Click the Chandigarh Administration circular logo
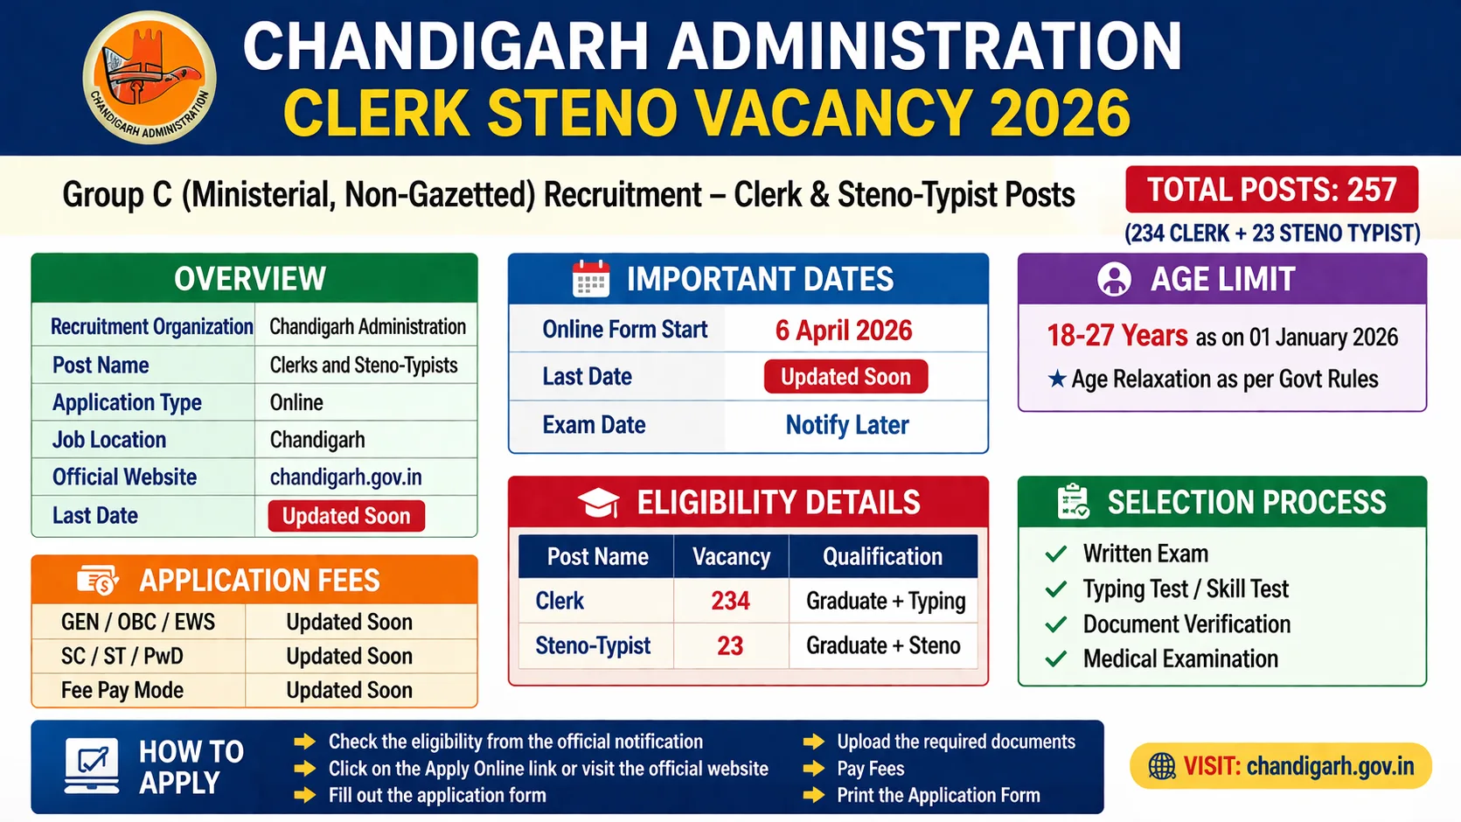pyautogui.click(x=150, y=78)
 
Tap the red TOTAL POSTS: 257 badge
pyautogui.click(x=1271, y=190)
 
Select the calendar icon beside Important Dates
pyautogui.click(x=591, y=279)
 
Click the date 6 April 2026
pyautogui.click(x=843, y=330)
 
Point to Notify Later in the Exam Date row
pyautogui.click(x=846, y=425)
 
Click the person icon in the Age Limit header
pyautogui.click(x=1114, y=279)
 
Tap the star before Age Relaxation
pyautogui.click(x=1057, y=379)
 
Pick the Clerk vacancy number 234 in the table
pyautogui.click(x=730, y=601)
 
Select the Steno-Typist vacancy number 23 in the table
pyautogui.click(x=730, y=645)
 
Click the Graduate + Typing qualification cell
pyautogui.click(x=885, y=601)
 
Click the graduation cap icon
pyautogui.click(x=599, y=503)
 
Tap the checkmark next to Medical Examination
pyautogui.click(x=1056, y=658)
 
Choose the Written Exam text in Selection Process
pyautogui.click(x=1145, y=554)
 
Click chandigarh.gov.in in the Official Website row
pyautogui.click(x=345, y=477)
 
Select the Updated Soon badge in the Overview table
pyautogui.click(x=346, y=516)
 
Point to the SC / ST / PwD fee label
pyautogui.click(x=122, y=656)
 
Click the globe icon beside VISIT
pyautogui.click(x=1162, y=766)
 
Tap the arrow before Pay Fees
pyautogui.click(x=814, y=769)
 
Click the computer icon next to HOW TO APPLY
pyautogui.click(x=92, y=766)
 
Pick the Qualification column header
pyautogui.click(x=882, y=557)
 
